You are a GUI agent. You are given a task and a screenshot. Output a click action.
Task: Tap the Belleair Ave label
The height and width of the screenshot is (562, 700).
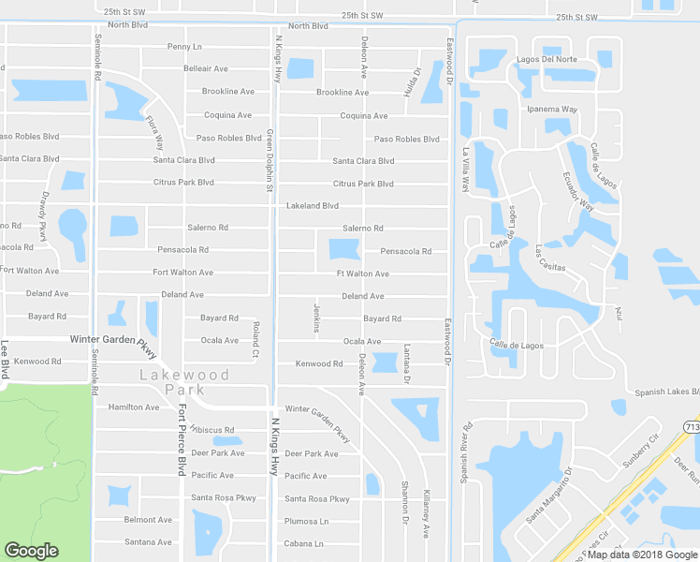point(206,68)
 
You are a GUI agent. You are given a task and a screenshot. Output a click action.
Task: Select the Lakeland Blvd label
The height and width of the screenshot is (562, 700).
point(312,205)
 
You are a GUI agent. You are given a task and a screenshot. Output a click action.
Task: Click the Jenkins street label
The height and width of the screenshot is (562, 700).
point(317,317)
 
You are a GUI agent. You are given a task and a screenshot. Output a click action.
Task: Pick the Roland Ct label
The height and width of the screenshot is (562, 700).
point(255,341)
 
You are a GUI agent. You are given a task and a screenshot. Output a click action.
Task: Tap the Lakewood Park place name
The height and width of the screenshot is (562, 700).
point(183,381)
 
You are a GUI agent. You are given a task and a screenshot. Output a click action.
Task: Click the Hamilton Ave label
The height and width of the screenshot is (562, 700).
point(134,407)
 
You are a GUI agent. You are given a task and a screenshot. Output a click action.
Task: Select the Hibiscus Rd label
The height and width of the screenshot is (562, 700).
point(211,430)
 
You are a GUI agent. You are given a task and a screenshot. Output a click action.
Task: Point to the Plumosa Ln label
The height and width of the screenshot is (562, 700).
point(307,521)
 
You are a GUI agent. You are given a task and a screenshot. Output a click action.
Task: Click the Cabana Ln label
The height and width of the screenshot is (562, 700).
point(304,543)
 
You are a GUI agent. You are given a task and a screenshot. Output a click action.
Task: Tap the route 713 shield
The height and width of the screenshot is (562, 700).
point(691,427)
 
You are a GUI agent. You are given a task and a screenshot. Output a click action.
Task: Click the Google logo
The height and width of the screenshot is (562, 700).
point(31,551)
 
